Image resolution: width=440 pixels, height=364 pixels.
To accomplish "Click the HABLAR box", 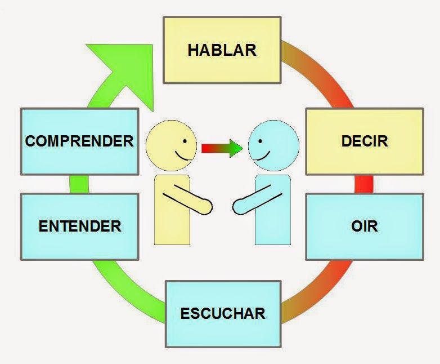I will click(222, 50).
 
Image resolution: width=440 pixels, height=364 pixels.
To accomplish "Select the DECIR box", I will click(364, 140).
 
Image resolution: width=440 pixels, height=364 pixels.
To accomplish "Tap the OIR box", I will click(364, 227).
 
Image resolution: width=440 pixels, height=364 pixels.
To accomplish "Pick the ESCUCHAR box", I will click(223, 313).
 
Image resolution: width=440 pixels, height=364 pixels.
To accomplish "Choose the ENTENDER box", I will click(79, 227).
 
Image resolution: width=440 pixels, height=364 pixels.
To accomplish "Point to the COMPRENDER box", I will click(79, 140).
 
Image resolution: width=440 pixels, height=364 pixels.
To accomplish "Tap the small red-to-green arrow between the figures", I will click(222, 149).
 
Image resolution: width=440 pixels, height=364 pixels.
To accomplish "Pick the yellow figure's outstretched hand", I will click(206, 207).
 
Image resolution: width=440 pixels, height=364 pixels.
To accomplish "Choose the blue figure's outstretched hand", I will click(239, 207).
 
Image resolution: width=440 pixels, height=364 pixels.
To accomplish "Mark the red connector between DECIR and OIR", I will click(364, 184).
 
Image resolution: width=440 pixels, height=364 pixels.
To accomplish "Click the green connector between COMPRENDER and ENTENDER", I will click(79, 184).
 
